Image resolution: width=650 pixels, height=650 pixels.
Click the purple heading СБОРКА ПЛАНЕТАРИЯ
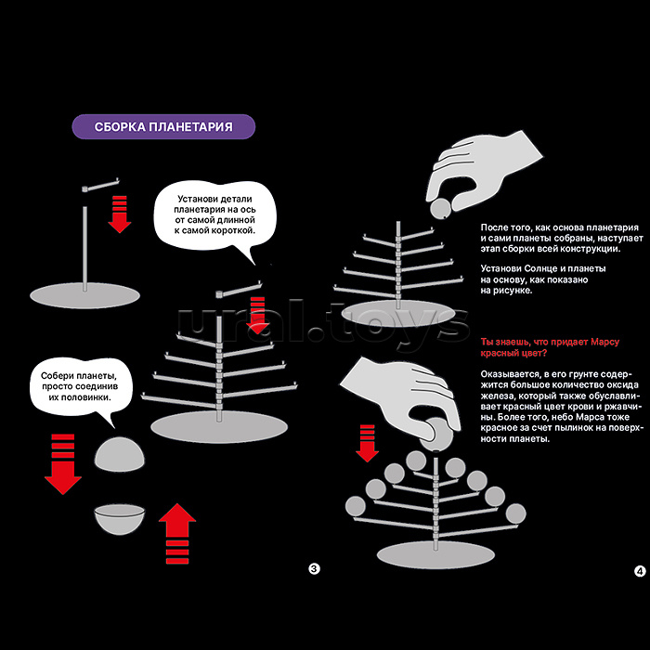163,127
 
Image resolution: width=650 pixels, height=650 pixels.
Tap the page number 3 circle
314,569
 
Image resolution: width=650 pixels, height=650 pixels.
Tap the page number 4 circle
640,571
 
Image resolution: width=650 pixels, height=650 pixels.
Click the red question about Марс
549,347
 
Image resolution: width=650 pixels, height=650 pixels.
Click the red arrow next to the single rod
119,213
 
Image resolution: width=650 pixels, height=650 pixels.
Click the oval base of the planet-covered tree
435,553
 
